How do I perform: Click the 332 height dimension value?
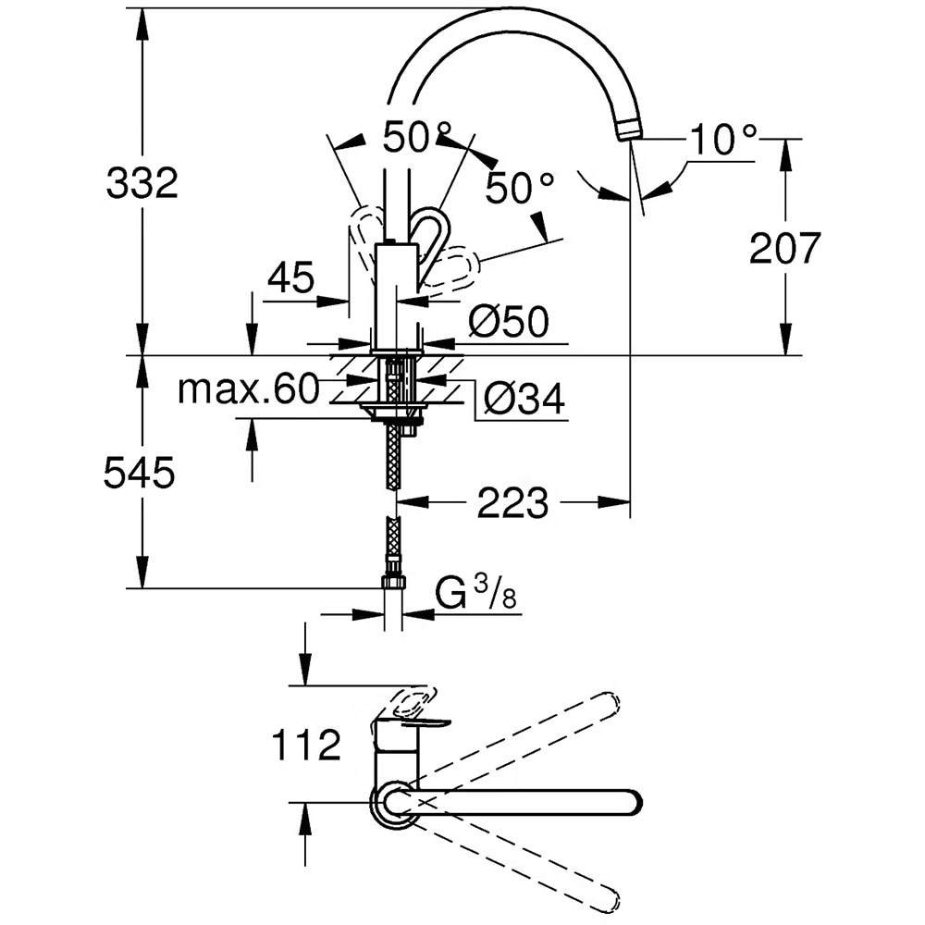[x=142, y=184]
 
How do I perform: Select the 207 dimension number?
[x=784, y=248]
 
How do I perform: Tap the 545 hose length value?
[x=139, y=474]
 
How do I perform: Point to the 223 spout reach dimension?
[x=513, y=504]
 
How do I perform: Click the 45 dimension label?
[x=290, y=277]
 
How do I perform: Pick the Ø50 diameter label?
[x=508, y=322]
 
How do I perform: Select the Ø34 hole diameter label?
[x=524, y=399]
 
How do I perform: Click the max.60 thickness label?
[x=248, y=389]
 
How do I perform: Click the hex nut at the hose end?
[x=393, y=582]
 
